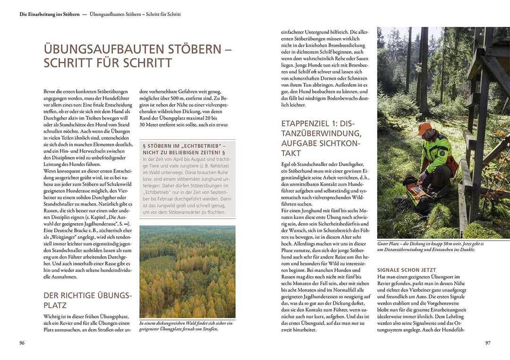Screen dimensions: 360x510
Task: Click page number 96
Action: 22,343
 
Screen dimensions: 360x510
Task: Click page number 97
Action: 488,343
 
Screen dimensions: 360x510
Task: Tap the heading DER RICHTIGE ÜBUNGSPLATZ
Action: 87,300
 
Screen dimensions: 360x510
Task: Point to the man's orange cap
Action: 424,128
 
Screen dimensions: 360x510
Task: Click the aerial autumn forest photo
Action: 187,271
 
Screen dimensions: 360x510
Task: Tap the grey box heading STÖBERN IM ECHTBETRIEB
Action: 187,149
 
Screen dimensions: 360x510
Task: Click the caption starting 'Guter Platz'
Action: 430,247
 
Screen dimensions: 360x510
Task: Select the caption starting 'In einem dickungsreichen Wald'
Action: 186,326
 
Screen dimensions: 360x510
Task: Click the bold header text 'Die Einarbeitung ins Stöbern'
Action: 49,15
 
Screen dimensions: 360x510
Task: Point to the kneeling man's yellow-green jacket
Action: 437,151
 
